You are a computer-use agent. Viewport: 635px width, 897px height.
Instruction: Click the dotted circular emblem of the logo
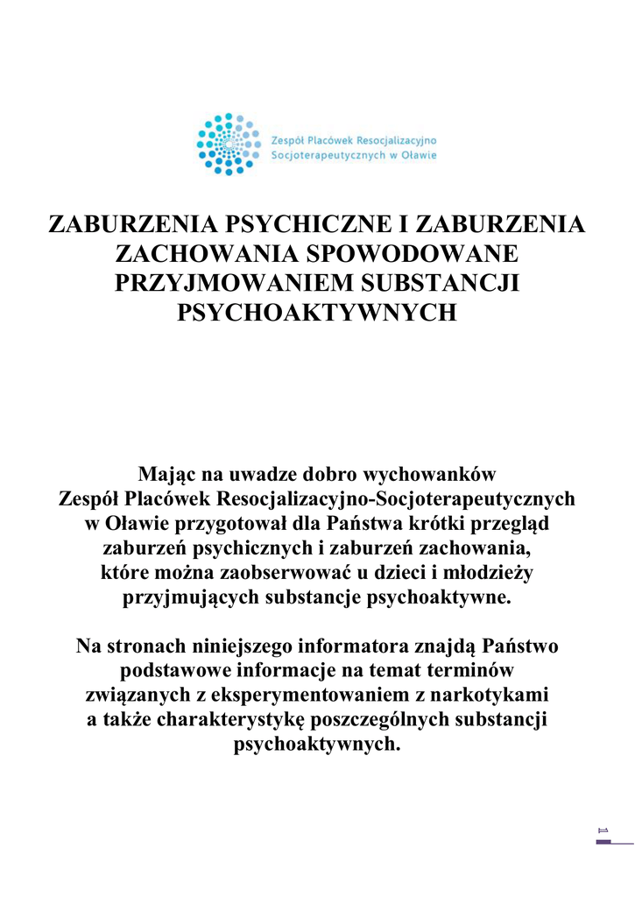pos(228,144)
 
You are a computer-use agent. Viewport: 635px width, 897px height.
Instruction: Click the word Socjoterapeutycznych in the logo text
pos(324,156)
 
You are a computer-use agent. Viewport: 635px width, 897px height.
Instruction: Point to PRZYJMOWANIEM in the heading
pos(231,283)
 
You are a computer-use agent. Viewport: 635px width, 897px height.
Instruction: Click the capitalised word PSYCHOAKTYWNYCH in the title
pos(317,313)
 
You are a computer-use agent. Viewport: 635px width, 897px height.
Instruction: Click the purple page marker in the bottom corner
pos(603,842)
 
